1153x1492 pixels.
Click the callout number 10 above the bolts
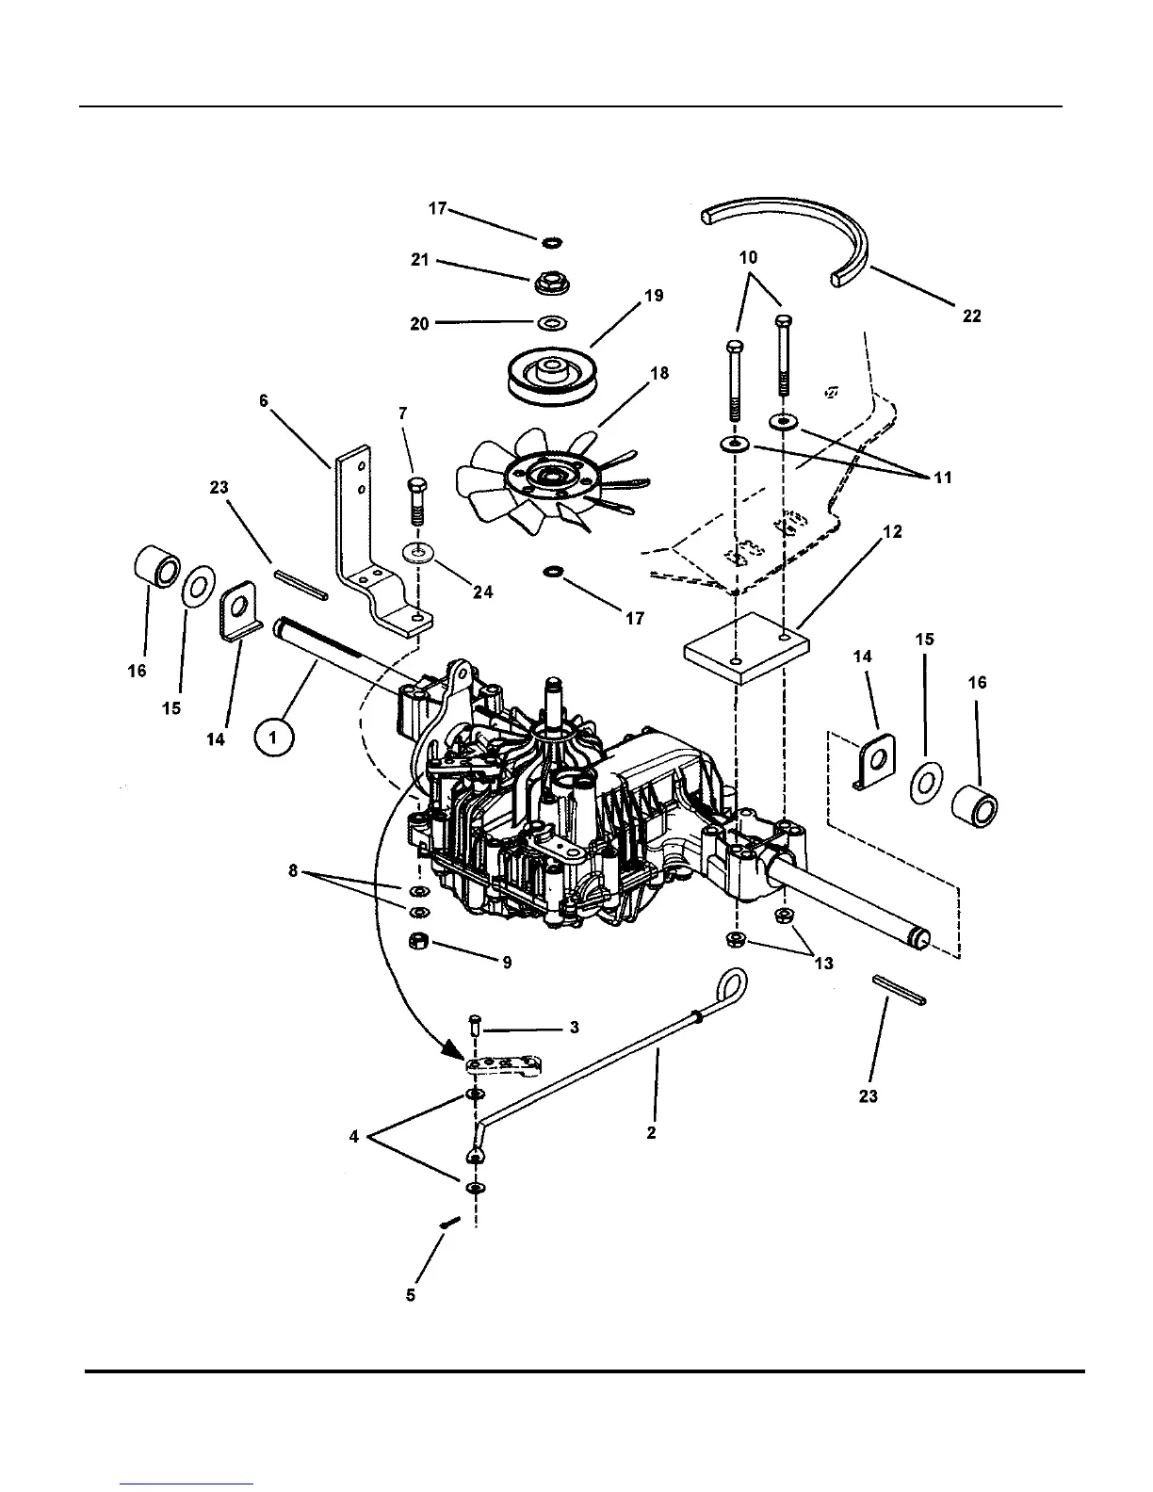point(749,257)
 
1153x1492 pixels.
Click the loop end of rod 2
point(732,983)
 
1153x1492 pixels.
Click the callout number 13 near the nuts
point(823,964)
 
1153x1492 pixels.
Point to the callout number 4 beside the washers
point(354,1137)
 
